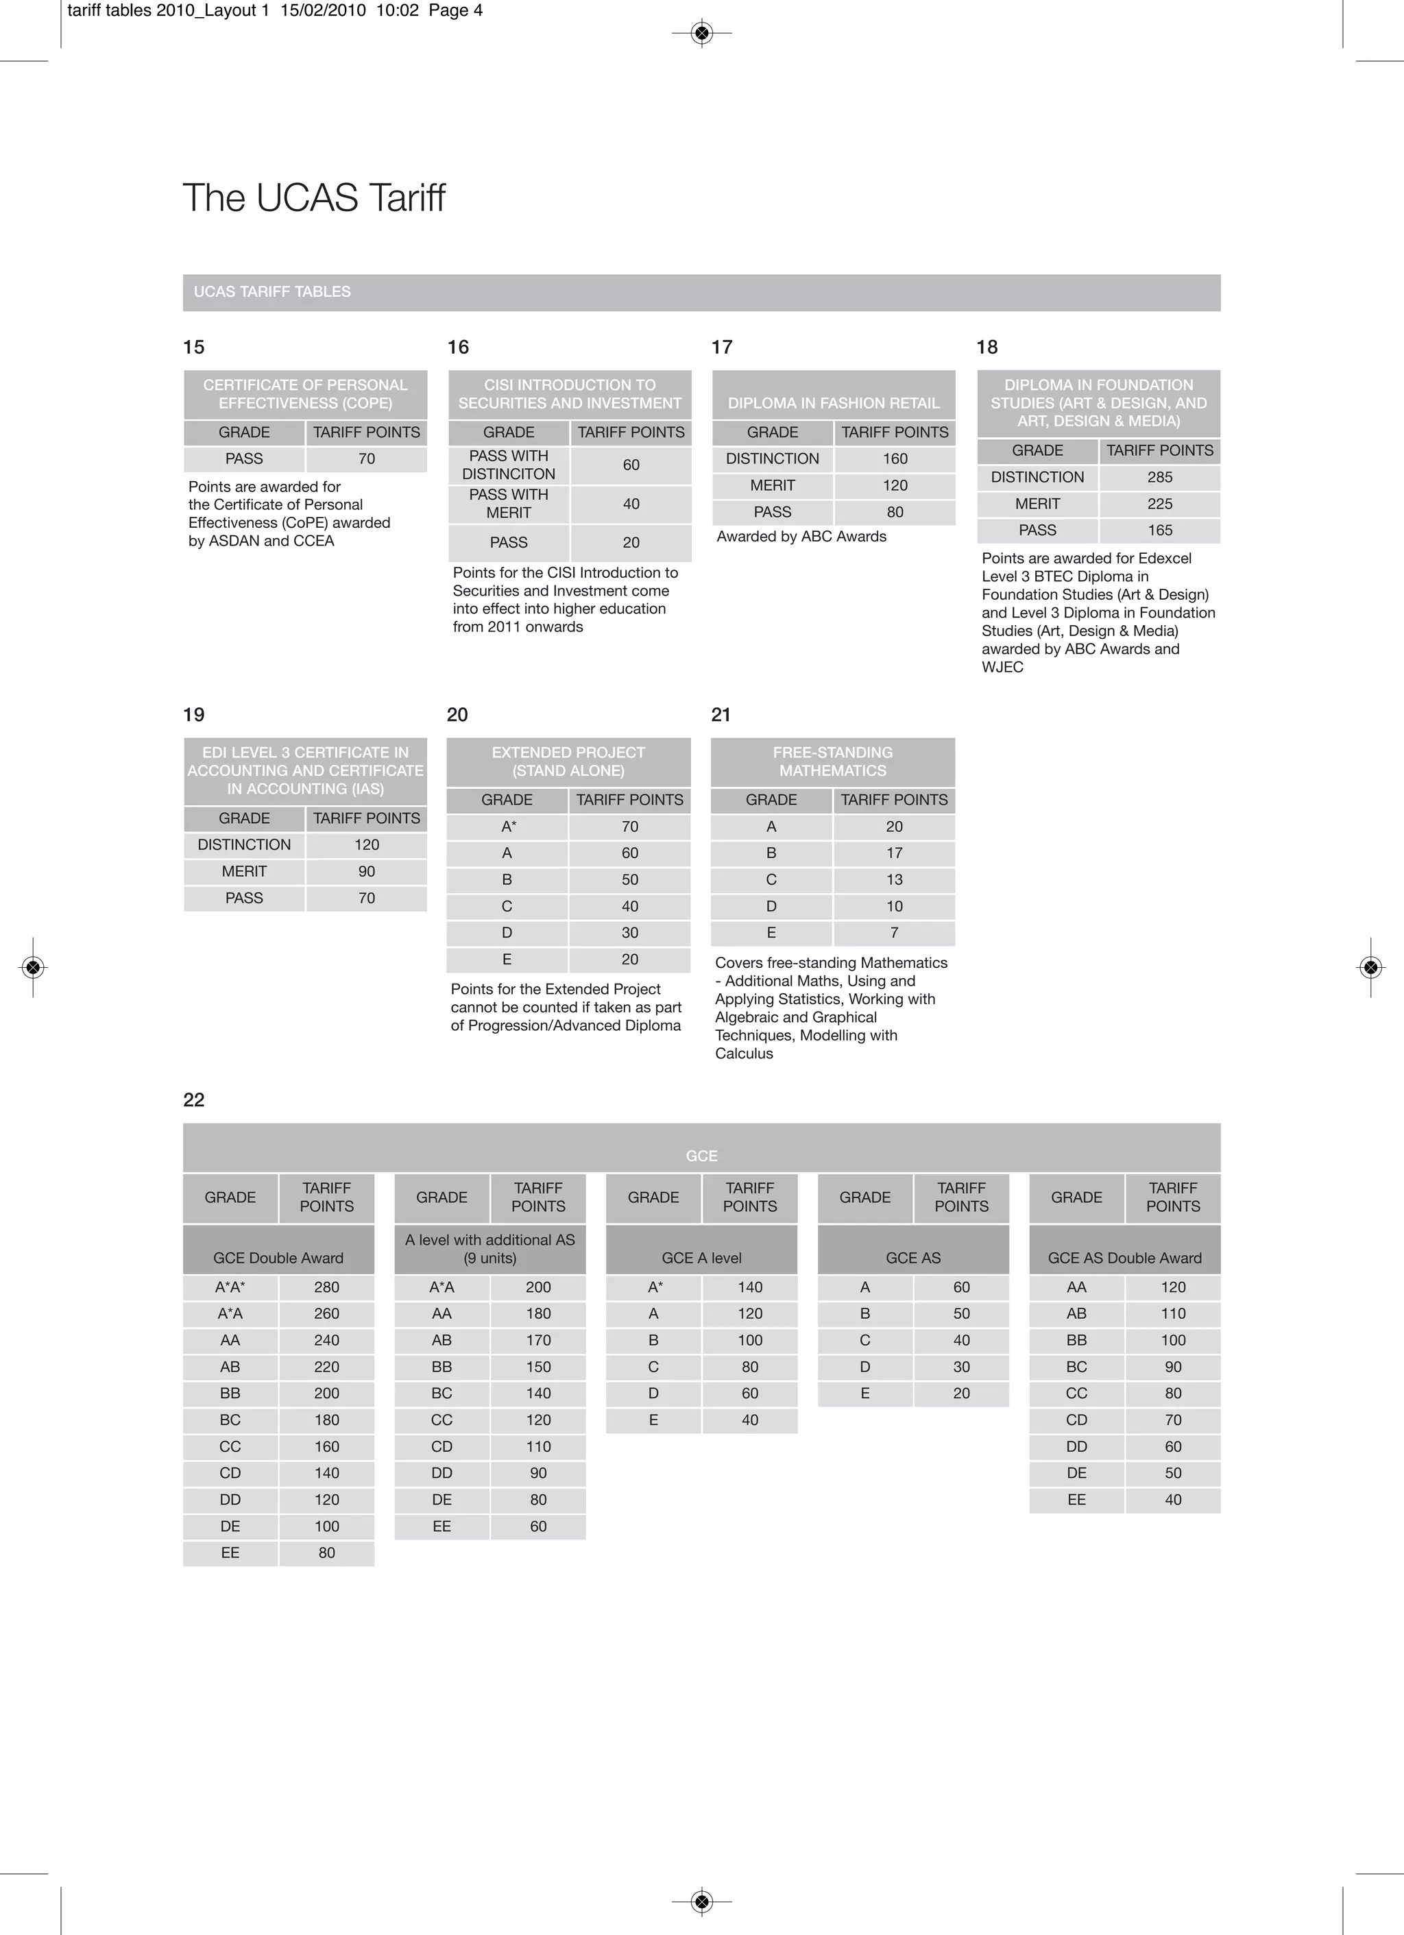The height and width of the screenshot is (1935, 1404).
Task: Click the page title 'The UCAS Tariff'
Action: tap(313, 198)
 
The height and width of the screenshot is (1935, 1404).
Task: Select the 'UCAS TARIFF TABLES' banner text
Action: tap(271, 292)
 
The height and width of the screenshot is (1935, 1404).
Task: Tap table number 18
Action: tap(987, 348)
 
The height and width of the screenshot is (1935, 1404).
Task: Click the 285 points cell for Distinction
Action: tap(1159, 477)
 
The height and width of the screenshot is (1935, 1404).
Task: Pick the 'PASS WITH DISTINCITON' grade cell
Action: tap(509, 465)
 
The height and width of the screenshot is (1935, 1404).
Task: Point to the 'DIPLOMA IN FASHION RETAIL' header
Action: tap(833, 403)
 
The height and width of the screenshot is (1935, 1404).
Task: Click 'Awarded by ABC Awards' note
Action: tap(801, 537)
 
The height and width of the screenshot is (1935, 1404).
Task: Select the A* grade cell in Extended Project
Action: tap(508, 827)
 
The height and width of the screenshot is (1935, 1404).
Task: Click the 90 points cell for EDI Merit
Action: tap(366, 871)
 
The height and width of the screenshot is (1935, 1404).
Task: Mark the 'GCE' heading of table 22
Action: tap(701, 1156)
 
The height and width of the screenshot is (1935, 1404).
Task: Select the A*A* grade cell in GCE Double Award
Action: tap(230, 1287)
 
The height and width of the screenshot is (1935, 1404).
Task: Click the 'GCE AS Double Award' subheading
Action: tap(1124, 1258)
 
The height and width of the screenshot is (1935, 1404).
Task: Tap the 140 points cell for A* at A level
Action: tap(749, 1287)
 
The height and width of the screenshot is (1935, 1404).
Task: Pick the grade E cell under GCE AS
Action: tap(864, 1394)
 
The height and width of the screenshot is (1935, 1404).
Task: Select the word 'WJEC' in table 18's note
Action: tap(1002, 667)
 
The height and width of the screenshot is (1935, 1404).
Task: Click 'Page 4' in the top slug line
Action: tap(455, 11)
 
